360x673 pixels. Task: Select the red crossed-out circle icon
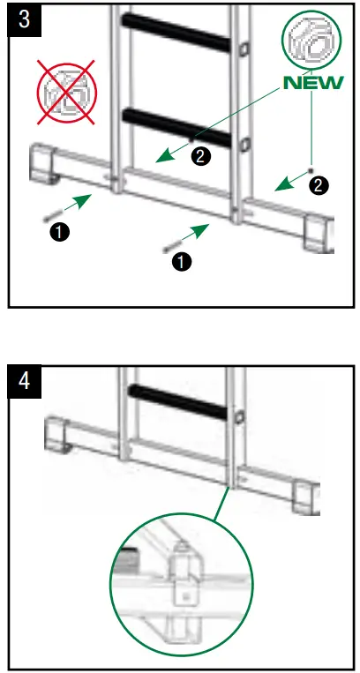coord(67,91)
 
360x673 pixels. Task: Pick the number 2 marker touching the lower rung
coord(201,156)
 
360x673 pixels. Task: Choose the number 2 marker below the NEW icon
coord(319,185)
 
